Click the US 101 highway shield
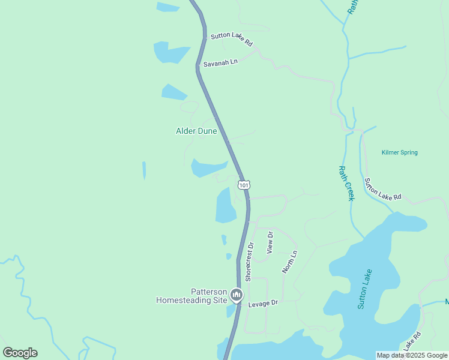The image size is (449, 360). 243,185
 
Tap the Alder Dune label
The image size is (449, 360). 196,131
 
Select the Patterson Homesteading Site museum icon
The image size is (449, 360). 237,295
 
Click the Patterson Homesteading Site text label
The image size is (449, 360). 191,295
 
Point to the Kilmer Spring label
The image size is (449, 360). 399,152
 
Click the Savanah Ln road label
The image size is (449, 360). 220,62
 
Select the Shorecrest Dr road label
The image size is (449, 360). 249,262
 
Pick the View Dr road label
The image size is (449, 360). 270,242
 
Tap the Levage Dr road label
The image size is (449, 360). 264,303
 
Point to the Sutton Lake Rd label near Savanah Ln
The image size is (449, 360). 232,40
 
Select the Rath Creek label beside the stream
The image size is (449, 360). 346,183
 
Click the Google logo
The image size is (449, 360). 20,353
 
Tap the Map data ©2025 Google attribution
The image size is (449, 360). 412,355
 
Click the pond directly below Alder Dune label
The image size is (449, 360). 208,167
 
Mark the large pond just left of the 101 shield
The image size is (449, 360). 226,205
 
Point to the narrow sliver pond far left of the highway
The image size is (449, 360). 144,170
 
